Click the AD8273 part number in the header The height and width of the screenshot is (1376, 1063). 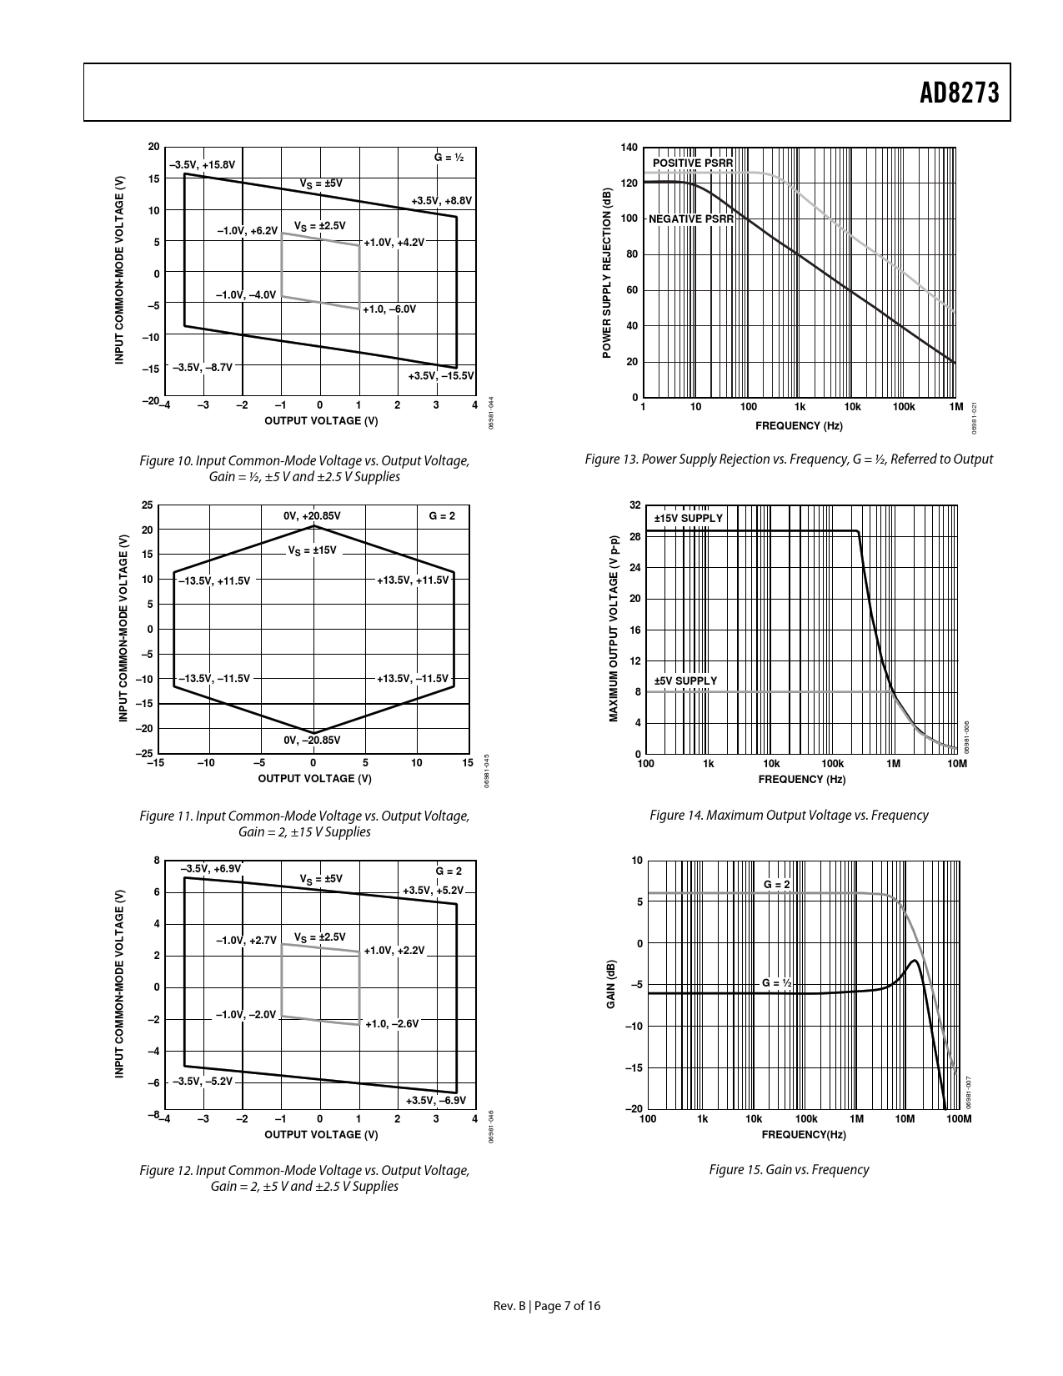tap(959, 93)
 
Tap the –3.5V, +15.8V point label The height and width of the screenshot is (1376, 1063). tap(203, 165)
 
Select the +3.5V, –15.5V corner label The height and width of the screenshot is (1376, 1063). tap(441, 376)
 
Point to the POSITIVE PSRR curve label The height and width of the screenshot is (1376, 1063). tap(692, 163)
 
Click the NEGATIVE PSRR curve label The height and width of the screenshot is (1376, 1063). tap(691, 219)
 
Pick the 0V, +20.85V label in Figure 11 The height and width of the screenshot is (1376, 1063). tap(313, 516)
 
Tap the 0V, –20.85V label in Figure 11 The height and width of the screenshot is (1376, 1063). tap(313, 740)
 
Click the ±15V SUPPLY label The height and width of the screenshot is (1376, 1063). tap(689, 518)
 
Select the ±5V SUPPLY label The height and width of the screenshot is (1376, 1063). tap(685, 680)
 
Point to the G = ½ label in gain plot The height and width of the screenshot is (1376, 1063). tap(777, 983)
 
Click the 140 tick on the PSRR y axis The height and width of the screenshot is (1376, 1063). tap(629, 148)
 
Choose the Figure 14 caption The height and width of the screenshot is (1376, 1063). tap(789, 815)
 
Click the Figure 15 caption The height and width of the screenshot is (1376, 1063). tap(789, 1169)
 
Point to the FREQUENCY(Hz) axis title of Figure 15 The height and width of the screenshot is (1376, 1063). tap(804, 1134)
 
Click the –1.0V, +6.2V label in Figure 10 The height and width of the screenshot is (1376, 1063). tap(247, 230)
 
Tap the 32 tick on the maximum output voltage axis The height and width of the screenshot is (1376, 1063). tap(635, 505)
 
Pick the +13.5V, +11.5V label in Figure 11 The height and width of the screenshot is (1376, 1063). tap(413, 580)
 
